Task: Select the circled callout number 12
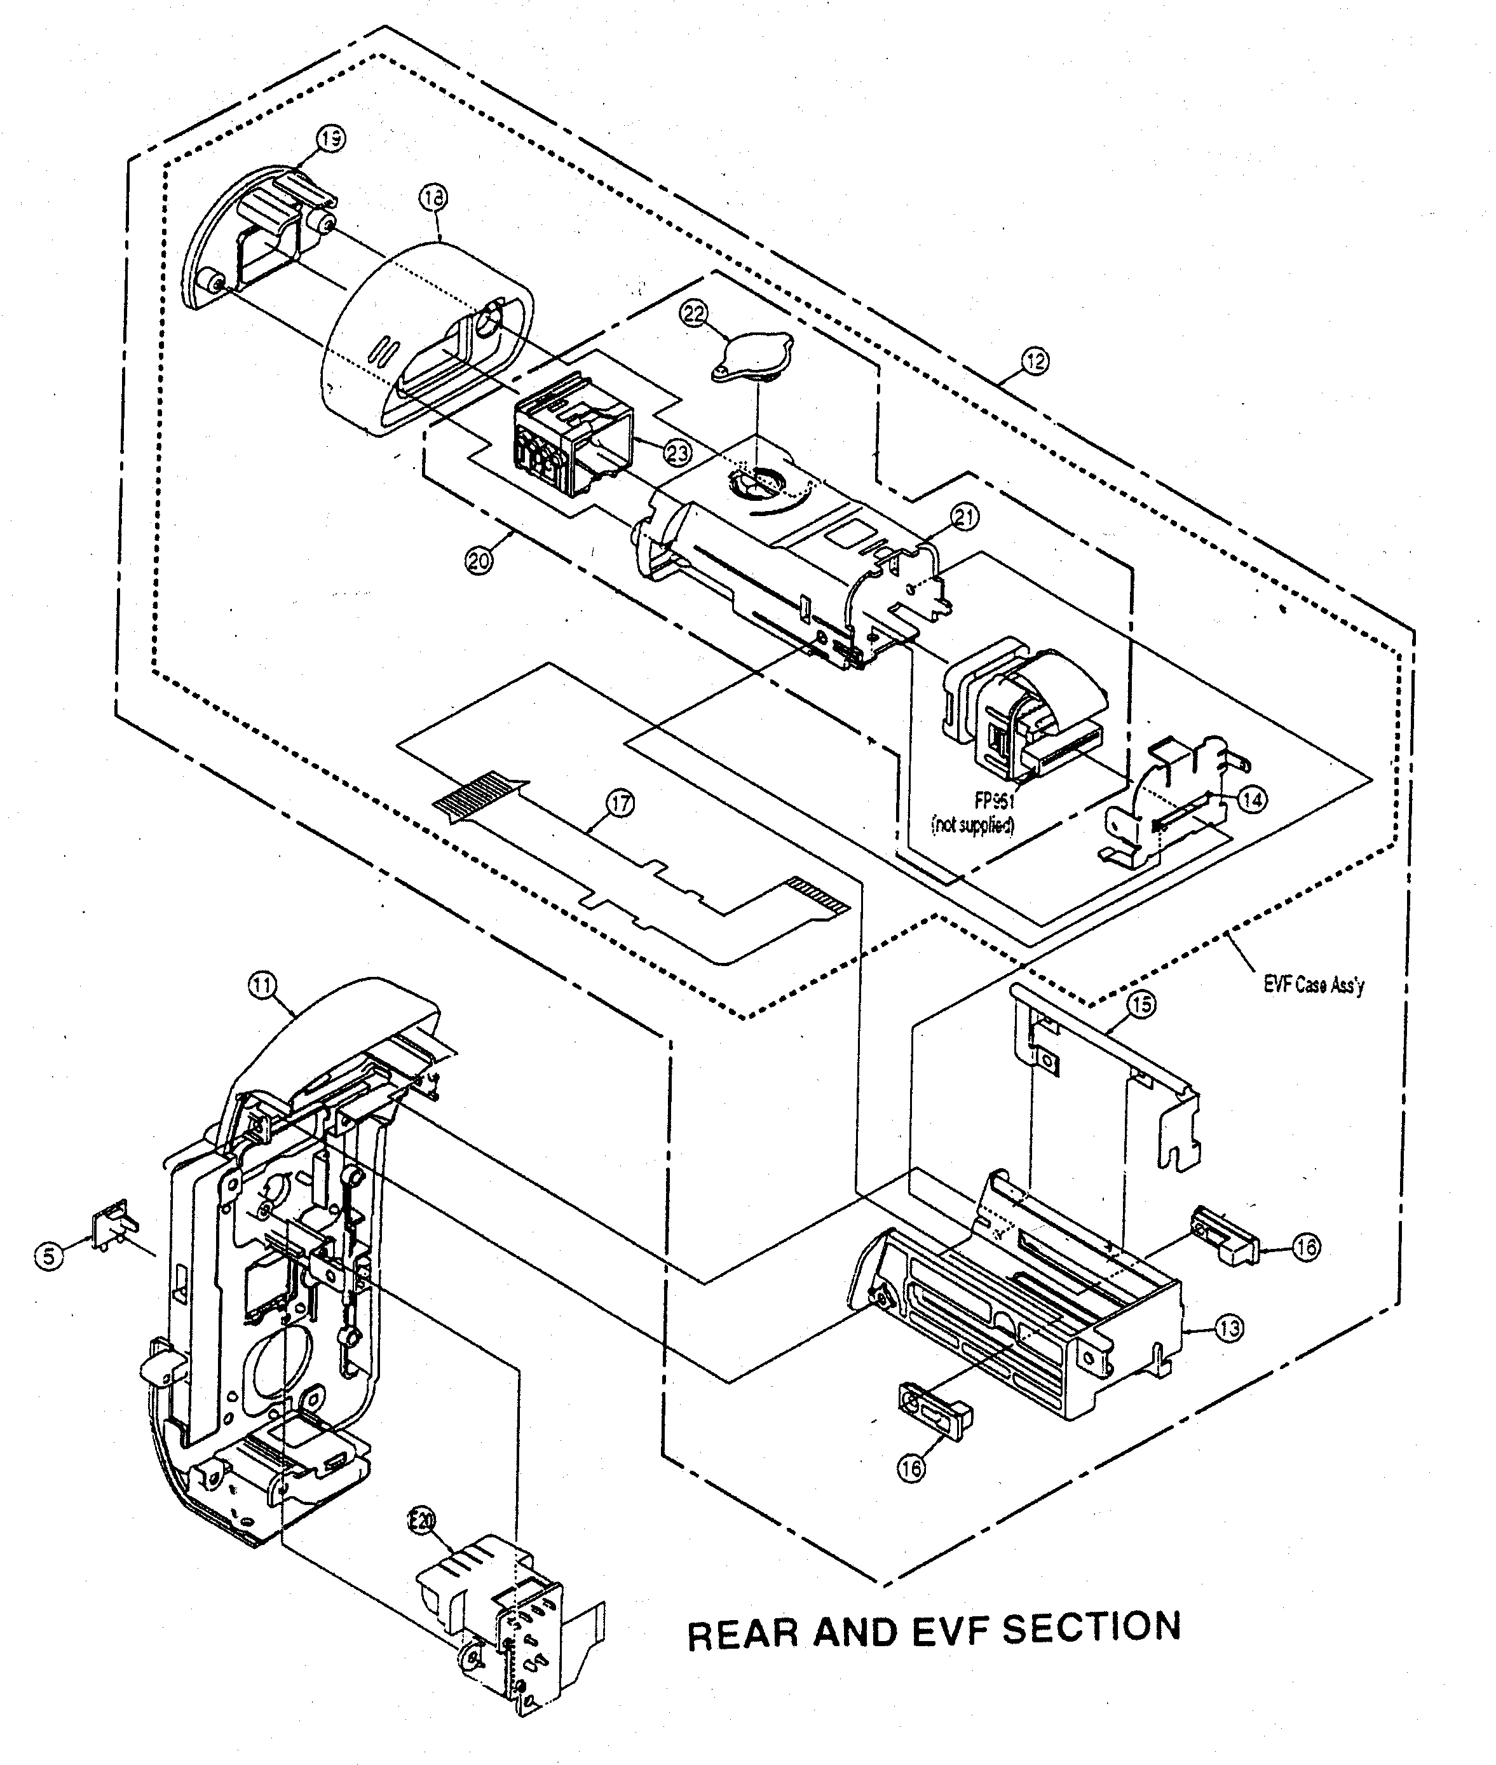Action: pyautogui.click(x=1035, y=361)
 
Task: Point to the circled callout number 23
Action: pyautogui.click(x=677, y=454)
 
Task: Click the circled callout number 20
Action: pyautogui.click(x=479, y=561)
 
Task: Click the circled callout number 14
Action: pyautogui.click(x=1253, y=799)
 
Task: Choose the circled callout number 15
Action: pyautogui.click(x=1141, y=1005)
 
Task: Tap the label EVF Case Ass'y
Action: pyautogui.click(x=1314, y=986)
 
